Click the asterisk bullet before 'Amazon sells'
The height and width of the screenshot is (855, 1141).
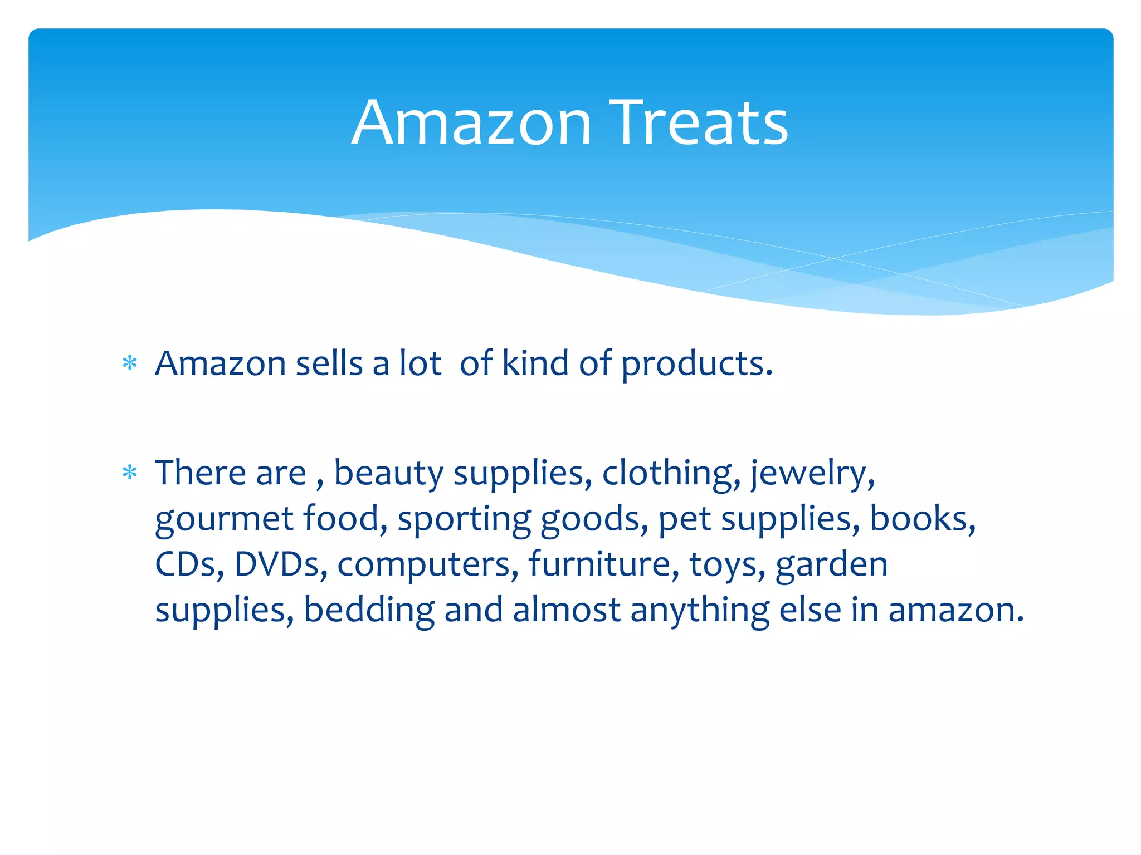pyautogui.click(x=130, y=364)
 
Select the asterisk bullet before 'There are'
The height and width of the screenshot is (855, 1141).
pyautogui.click(x=130, y=473)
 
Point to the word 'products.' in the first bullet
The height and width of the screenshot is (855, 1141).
pyautogui.click(x=697, y=364)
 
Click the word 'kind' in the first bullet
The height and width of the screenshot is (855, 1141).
pyautogui.click(x=535, y=363)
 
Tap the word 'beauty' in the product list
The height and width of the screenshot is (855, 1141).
pyautogui.click(x=388, y=473)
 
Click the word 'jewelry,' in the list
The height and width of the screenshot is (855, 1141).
pyautogui.click(x=813, y=473)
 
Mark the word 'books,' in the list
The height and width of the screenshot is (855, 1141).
pyautogui.click(x=923, y=519)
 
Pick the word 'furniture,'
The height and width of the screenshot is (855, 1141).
pyautogui.click(x=604, y=564)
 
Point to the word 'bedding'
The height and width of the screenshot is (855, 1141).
pyautogui.click(x=369, y=610)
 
